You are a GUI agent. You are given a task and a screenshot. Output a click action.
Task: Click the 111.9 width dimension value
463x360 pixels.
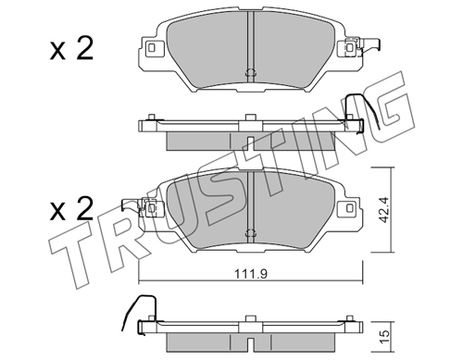click(x=250, y=273)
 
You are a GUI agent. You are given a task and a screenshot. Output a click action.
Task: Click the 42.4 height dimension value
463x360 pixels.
click(x=383, y=210)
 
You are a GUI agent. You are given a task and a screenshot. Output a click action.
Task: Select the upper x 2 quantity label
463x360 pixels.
click(x=71, y=50)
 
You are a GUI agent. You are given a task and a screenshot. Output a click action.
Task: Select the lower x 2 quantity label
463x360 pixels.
click(x=71, y=209)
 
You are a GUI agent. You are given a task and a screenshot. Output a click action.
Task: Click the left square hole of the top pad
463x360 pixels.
click(x=151, y=47)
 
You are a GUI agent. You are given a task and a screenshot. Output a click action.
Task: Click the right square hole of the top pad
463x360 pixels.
click(x=349, y=48)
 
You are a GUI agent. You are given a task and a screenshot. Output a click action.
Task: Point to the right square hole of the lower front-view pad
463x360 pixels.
click(x=349, y=207)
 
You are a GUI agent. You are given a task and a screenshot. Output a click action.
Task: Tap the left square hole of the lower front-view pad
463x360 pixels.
click(x=151, y=207)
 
